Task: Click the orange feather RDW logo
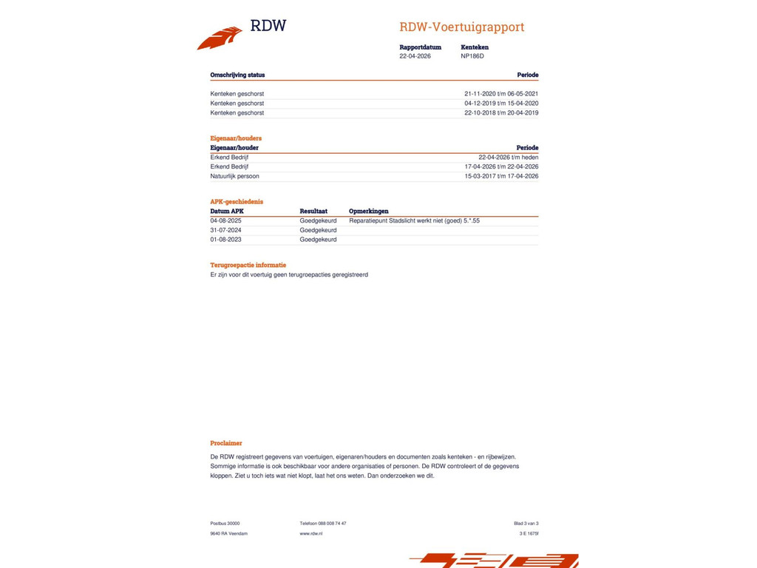click(220, 38)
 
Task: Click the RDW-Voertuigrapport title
click(461, 27)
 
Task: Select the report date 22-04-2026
click(415, 56)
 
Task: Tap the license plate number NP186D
click(472, 56)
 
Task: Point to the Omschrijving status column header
click(237, 75)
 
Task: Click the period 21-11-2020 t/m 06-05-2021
click(501, 94)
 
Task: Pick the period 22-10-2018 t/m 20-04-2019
click(501, 113)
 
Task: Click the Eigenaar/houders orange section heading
click(236, 138)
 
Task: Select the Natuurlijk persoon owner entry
click(234, 176)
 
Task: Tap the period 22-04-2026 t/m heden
click(508, 158)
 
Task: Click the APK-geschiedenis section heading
click(237, 201)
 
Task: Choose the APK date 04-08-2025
click(225, 220)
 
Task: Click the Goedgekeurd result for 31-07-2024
click(318, 230)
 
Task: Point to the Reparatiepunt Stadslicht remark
click(414, 220)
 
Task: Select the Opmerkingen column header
click(368, 212)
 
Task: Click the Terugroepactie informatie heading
click(248, 265)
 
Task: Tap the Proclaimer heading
click(226, 443)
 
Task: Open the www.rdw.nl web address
click(311, 533)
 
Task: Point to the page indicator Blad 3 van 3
click(526, 524)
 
